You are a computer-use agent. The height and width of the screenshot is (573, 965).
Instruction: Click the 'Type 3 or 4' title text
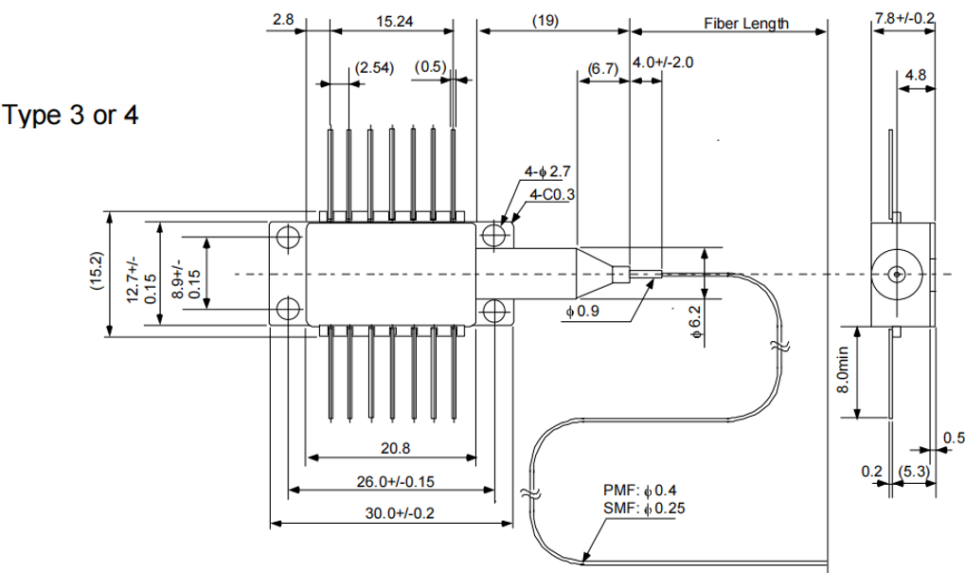(x=71, y=116)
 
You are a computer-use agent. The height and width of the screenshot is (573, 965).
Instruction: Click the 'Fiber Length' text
(x=745, y=23)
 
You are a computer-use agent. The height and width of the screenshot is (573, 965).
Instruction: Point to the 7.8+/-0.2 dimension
(x=904, y=18)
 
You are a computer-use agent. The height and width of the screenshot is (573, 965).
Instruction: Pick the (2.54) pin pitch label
(x=371, y=68)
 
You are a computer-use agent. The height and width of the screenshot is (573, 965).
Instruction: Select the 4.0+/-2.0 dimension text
(x=664, y=63)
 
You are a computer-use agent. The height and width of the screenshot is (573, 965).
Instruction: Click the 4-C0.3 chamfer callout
(x=553, y=194)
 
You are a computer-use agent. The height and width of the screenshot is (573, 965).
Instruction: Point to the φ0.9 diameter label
(x=582, y=312)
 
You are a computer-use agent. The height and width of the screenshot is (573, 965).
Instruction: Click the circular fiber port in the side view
(x=896, y=275)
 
